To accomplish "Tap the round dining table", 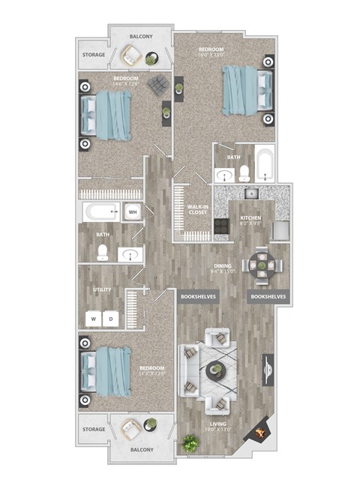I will pyautogui.click(x=263, y=264).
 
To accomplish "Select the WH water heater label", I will pyautogui.click(x=133, y=212).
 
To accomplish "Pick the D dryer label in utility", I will pyautogui.click(x=112, y=319).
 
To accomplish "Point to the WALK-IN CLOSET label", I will pyautogui.click(x=197, y=209).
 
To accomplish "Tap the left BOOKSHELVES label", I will pyautogui.click(x=199, y=297).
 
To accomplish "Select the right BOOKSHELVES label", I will pyautogui.click(x=268, y=297).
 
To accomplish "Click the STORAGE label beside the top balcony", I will pyautogui.click(x=93, y=55).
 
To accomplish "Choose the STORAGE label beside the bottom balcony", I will pyautogui.click(x=93, y=430).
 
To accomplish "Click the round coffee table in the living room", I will pyautogui.click(x=215, y=368).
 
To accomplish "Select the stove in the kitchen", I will pyautogui.click(x=222, y=225).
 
